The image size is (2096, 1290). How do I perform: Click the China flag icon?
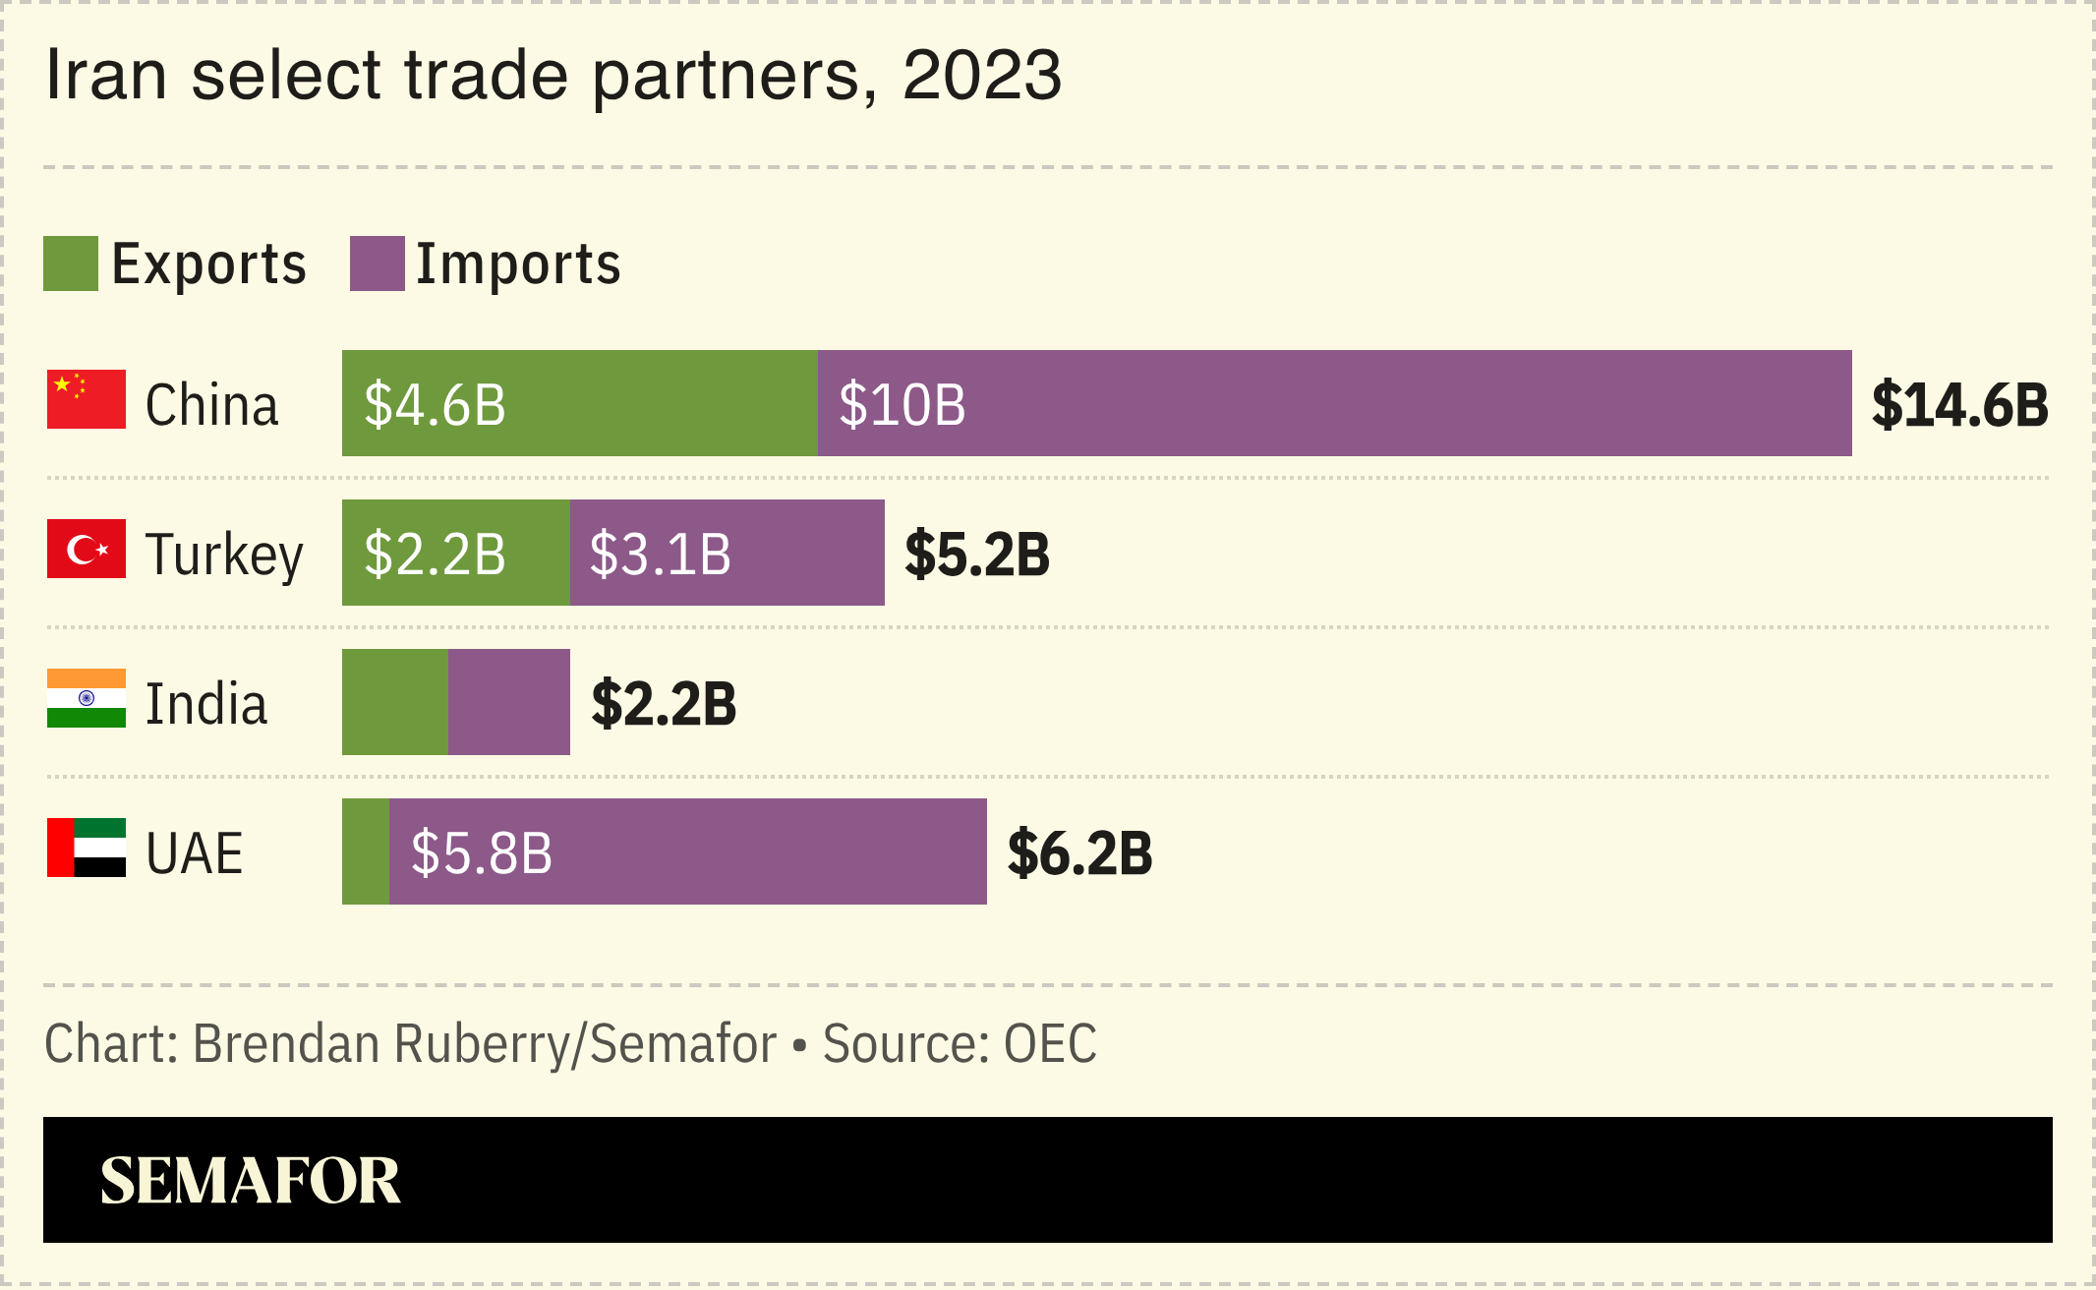[x=87, y=399]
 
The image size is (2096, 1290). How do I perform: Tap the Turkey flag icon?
[x=87, y=549]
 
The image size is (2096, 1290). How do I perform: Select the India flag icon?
[x=87, y=698]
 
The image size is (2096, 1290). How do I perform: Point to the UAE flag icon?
[x=87, y=848]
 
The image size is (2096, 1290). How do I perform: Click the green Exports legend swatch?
[x=71, y=264]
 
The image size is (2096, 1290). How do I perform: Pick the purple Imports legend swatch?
[x=378, y=264]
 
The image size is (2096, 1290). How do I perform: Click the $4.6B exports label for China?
[x=435, y=404]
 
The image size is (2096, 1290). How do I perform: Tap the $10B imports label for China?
[x=902, y=404]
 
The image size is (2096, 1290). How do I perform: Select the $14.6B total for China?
[x=1959, y=404]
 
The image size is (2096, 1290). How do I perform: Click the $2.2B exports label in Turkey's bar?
[x=435, y=554]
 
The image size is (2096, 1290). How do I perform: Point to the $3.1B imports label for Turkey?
[x=660, y=554]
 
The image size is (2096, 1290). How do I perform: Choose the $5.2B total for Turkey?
[x=977, y=554]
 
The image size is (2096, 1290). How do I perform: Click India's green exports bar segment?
[x=395, y=702]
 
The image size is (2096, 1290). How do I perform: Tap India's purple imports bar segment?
[x=509, y=702]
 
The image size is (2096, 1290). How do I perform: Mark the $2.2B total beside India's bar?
[x=664, y=703]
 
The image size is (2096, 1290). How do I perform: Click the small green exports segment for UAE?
[x=366, y=851]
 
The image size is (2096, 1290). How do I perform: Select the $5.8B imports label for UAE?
[x=482, y=852]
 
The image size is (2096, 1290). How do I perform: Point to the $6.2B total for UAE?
[x=1079, y=852]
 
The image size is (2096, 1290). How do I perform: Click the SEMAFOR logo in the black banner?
[x=251, y=1180]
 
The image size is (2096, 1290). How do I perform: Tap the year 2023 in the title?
[x=981, y=75]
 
